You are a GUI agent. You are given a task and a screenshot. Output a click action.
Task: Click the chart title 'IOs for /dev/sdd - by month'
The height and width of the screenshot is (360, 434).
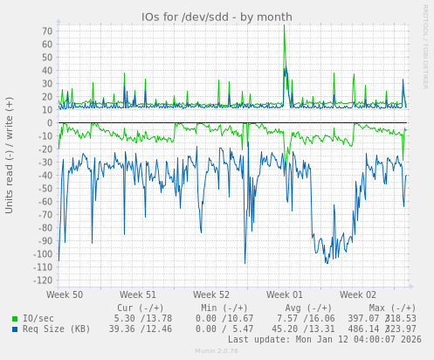[x=217, y=17]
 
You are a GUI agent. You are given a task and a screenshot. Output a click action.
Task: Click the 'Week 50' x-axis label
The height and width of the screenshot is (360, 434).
[x=65, y=295]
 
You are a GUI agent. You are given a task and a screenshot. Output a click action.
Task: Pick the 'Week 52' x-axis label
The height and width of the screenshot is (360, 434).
[x=211, y=295]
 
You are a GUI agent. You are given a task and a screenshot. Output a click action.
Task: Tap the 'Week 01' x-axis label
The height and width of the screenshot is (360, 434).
[x=285, y=295]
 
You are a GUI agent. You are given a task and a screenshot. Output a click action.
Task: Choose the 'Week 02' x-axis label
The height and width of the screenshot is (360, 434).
[x=358, y=295]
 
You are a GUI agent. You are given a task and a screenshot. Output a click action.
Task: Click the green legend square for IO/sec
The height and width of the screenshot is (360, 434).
[x=15, y=319]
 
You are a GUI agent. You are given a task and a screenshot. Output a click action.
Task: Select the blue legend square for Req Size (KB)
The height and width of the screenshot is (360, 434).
[x=15, y=329]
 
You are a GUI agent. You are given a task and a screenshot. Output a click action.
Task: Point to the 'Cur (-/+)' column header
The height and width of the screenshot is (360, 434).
[x=140, y=308]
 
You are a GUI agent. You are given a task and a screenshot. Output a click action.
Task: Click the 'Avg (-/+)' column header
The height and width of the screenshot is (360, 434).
[x=307, y=308]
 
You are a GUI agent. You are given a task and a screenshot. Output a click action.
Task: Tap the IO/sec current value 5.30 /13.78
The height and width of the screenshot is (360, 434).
[x=142, y=318]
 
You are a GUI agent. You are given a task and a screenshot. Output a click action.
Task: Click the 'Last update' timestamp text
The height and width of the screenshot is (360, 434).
[x=325, y=339]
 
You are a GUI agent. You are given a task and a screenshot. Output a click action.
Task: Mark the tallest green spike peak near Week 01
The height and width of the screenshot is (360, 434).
[x=284, y=26]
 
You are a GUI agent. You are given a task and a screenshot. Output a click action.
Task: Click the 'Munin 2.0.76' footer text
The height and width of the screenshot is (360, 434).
[x=217, y=351]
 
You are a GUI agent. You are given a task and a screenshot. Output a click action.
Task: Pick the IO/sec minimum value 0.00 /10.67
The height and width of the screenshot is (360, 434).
[x=224, y=318]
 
